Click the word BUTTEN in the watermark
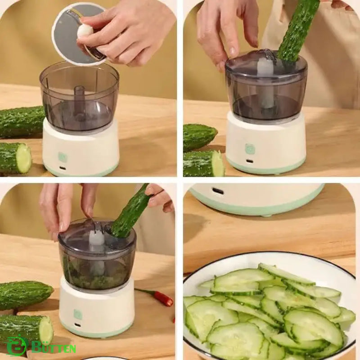tap(54, 348)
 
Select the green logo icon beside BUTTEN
tap(16, 346)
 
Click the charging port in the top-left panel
tap(63, 168)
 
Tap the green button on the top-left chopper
tap(63, 157)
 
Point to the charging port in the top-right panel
tap(250, 161)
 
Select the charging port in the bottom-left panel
tap(78, 325)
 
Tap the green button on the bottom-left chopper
tap(78, 314)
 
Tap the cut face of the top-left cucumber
tap(24, 158)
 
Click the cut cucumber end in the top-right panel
tap(217, 163)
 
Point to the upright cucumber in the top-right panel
tap(297, 31)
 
